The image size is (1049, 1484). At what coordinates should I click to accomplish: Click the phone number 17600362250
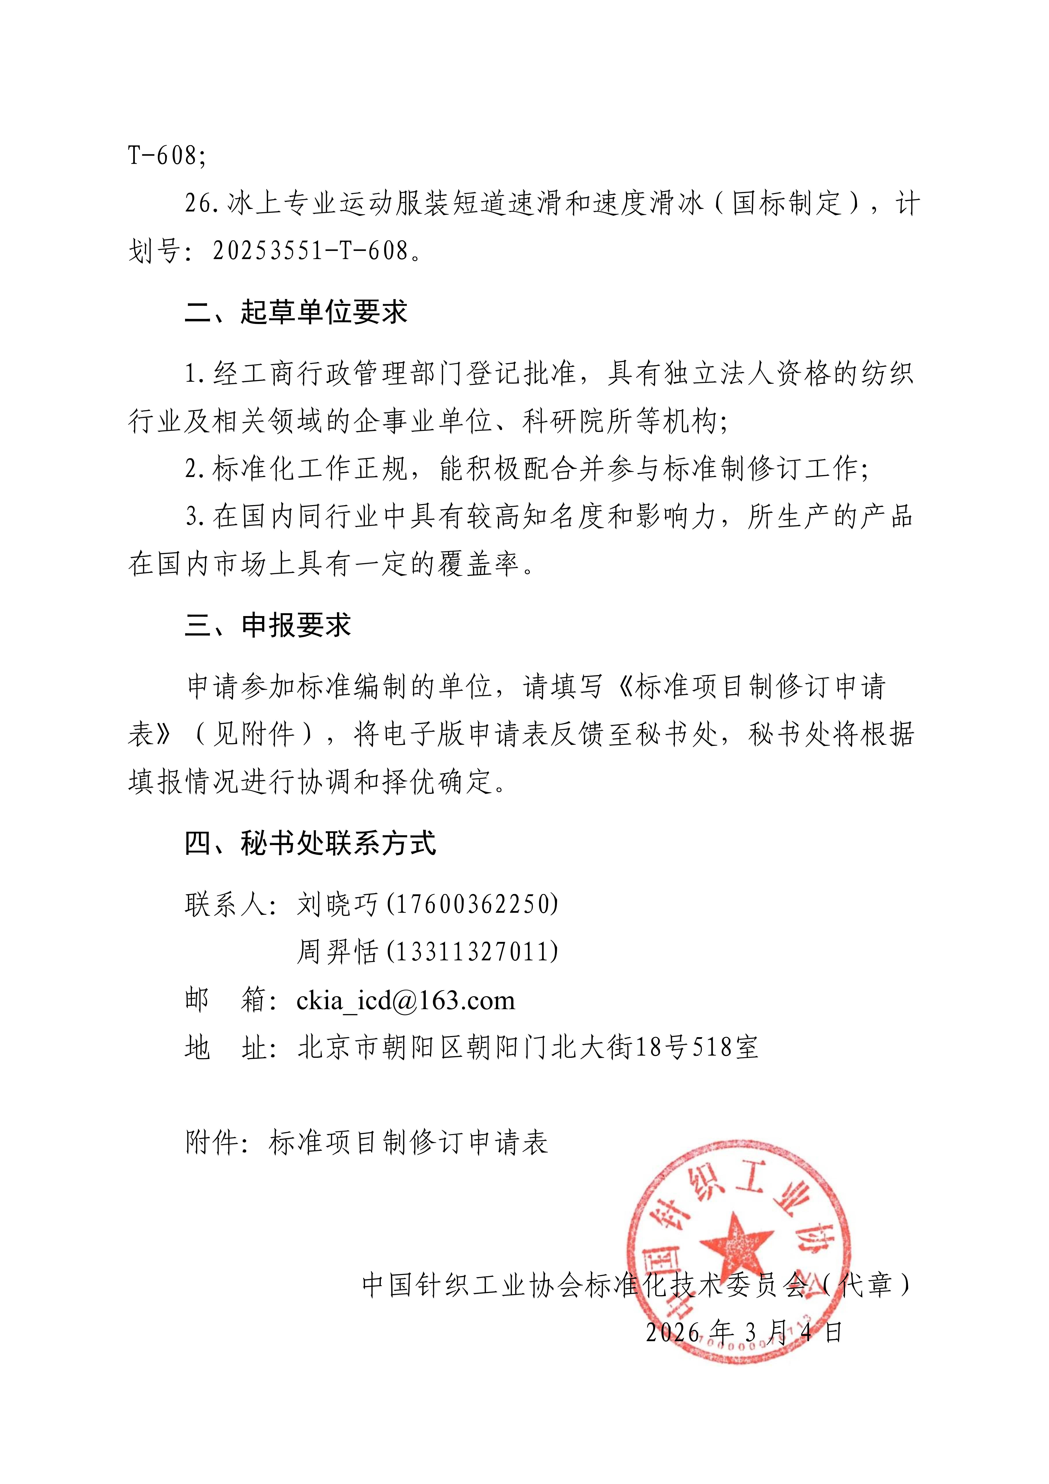click(473, 904)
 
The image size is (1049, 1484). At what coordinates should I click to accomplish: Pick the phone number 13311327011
click(473, 951)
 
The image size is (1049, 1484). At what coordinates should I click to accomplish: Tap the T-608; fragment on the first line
click(167, 155)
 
